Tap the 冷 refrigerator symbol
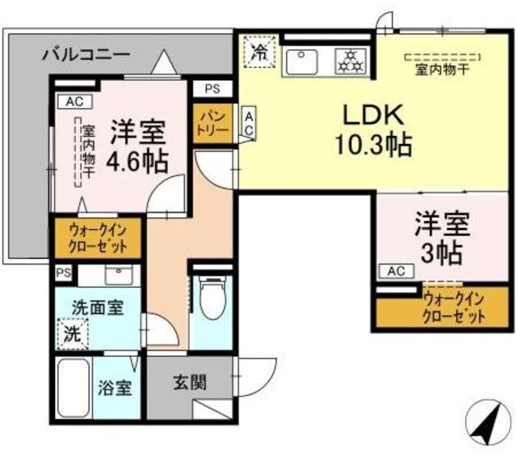259,53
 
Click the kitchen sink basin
305,60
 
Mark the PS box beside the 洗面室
63,273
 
